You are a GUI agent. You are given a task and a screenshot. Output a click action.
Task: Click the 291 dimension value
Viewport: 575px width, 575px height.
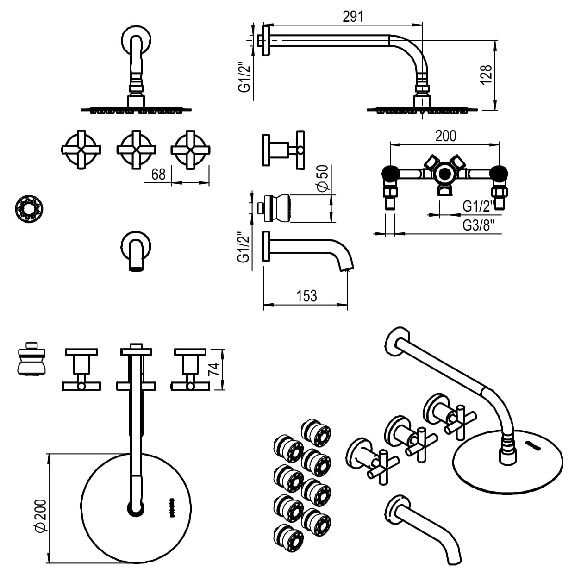point(353,16)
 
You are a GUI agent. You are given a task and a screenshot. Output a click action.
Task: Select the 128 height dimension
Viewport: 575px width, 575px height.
point(485,75)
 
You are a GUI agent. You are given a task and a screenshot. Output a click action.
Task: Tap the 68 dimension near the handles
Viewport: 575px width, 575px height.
point(158,174)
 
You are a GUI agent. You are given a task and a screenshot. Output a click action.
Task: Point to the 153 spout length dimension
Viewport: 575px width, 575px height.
point(306,295)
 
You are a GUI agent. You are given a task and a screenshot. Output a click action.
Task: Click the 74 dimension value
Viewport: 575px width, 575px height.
point(213,369)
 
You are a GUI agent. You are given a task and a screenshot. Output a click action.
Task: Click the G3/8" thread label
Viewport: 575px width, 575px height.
point(479,225)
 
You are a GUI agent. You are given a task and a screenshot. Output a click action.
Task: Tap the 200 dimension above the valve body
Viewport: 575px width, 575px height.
point(445,136)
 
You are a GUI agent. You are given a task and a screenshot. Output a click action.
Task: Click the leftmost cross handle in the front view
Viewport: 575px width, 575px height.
point(81,150)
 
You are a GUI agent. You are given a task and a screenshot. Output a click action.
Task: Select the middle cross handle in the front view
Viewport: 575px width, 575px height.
point(136,150)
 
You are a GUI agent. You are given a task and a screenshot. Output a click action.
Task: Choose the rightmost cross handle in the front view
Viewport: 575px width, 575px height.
point(190,150)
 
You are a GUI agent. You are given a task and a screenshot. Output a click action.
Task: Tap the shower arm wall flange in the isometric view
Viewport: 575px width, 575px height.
point(397,340)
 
